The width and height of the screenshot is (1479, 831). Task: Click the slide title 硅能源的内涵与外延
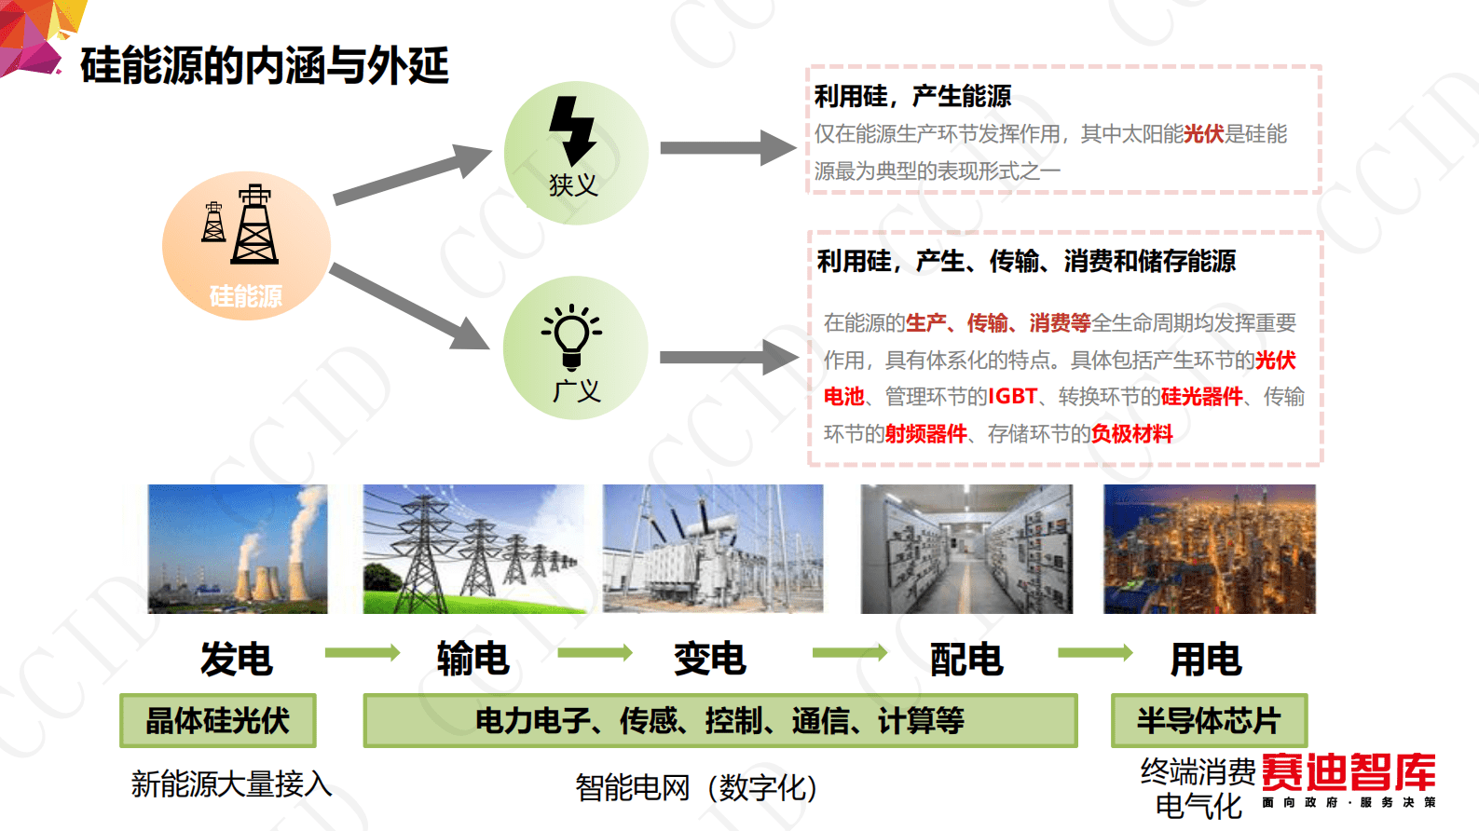point(265,65)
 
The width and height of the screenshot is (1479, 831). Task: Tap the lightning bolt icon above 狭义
point(572,129)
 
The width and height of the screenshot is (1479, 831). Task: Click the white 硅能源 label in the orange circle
point(246,296)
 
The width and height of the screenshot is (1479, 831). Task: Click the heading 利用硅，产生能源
point(912,96)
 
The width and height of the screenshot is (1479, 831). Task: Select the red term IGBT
point(1012,397)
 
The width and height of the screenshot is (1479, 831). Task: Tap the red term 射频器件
point(925,434)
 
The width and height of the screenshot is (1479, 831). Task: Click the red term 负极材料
point(1131,434)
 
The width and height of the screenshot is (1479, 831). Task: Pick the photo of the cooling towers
point(238,549)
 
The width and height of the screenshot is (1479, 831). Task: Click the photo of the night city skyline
point(1209,549)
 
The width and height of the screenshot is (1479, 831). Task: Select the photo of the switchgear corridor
point(966,549)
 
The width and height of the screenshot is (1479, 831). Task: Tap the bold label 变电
point(710,660)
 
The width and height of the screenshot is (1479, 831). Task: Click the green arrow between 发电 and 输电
point(362,653)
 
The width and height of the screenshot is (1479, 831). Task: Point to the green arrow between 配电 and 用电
point(1095,653)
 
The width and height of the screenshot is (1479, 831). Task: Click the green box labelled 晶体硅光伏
point(218,720)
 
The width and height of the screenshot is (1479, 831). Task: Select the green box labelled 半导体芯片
point(1209,720)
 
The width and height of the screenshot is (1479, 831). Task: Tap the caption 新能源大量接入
point(231,784)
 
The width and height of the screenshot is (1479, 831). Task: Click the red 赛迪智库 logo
point(1348,773)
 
